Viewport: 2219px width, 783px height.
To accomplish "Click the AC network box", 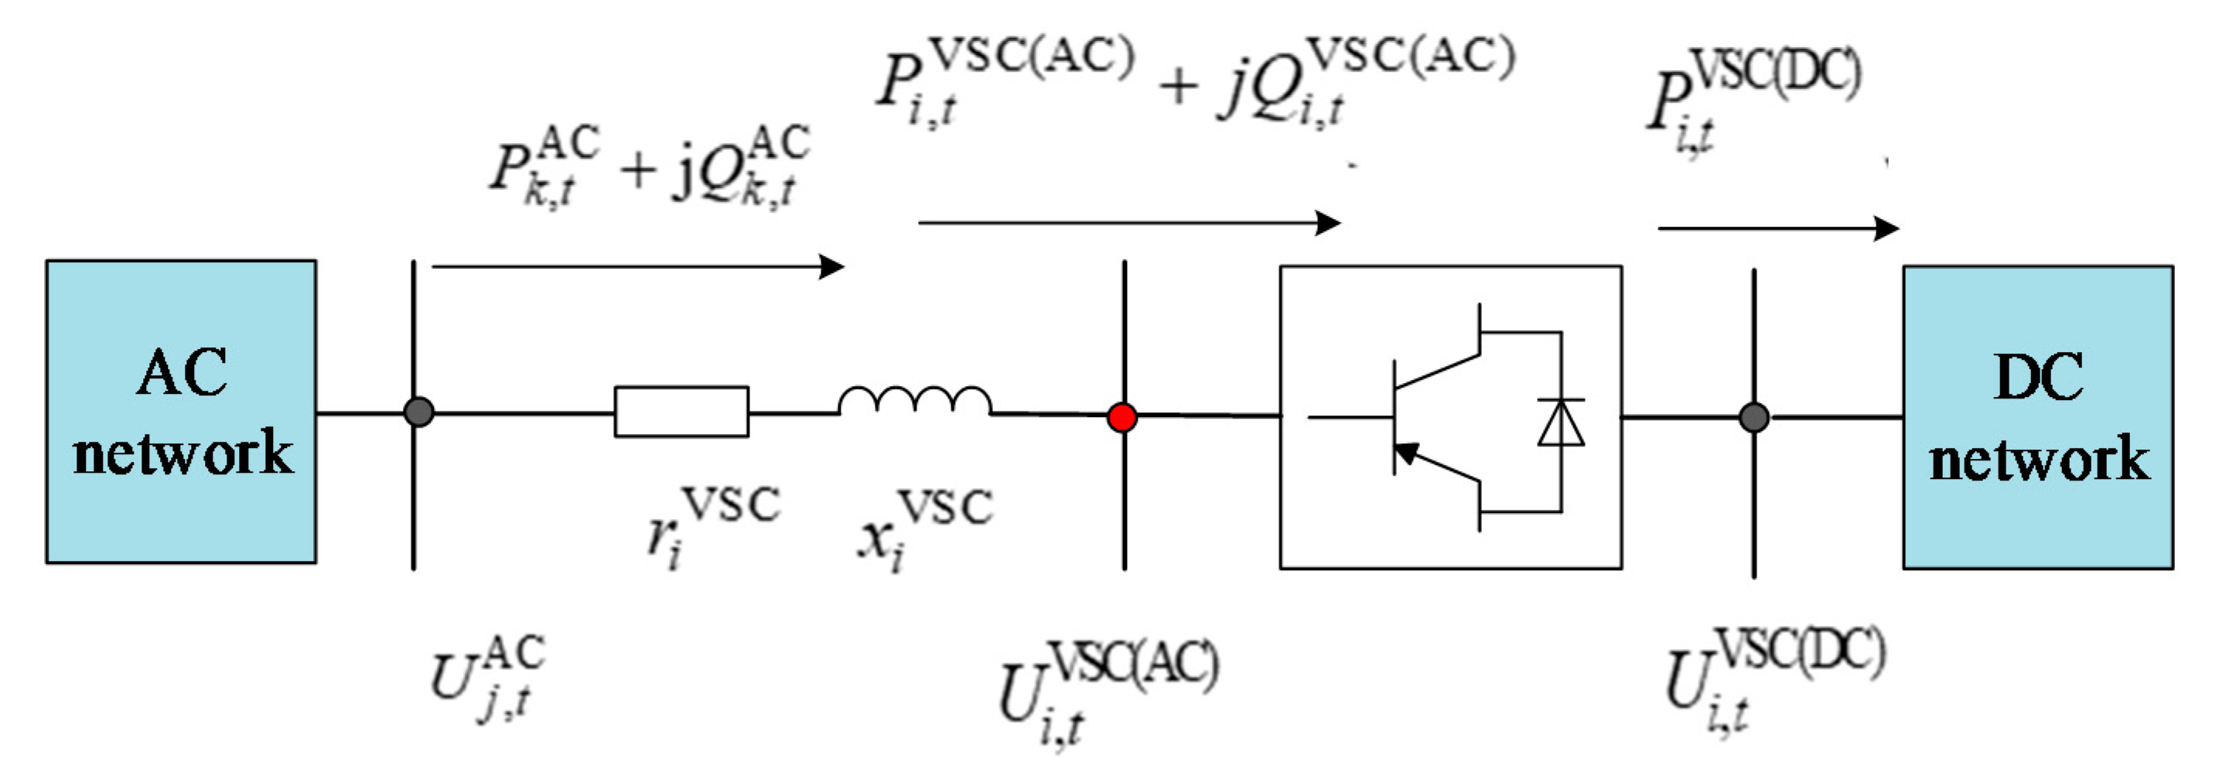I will click(181, 412).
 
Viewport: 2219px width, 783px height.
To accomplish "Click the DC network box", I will click(2037, 417).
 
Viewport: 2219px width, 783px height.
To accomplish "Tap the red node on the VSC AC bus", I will click(1121, 418).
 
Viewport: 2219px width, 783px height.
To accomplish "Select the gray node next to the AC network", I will click(418, 412).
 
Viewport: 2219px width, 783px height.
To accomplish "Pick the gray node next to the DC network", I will click(1754, 417).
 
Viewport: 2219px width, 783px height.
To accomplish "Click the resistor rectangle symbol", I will click(681, 412).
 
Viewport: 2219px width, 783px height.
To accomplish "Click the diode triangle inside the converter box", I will click(1561, 424).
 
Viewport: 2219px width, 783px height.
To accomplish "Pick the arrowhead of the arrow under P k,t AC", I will click(832, 266).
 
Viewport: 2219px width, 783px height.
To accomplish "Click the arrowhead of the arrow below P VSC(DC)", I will click(1886, 228).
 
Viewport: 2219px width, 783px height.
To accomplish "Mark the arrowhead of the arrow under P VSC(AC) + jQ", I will click(1328, 223).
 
